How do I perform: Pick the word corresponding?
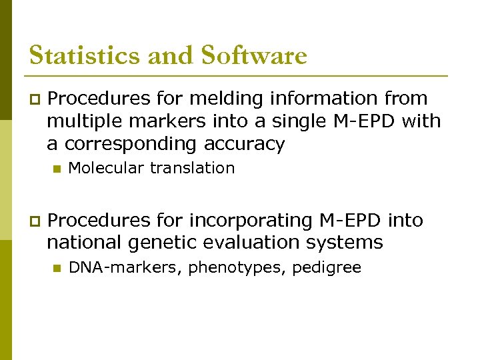(x=142, y=144)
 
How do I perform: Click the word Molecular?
(x=107, y=168)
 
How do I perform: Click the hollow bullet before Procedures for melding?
(x=34, y=99)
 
